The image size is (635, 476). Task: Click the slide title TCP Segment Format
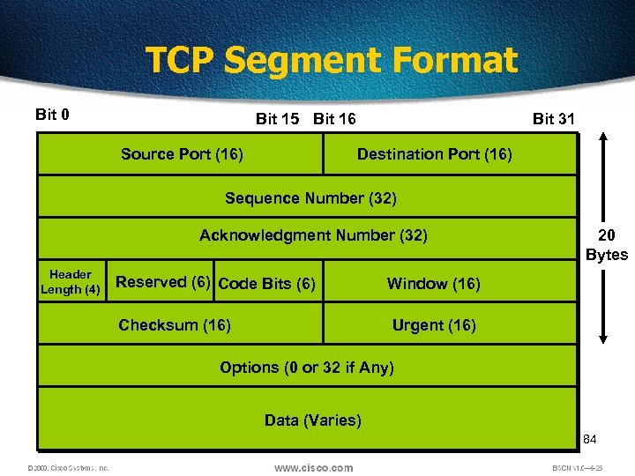(x=331, y=61)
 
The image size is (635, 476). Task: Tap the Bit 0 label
(x=53, y=115)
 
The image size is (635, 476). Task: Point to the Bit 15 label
(x=277, y=119)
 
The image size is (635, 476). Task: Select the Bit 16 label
(x=335, y=119)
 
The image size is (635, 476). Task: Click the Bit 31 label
(x=554, y=119)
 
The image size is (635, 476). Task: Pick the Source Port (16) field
(x=182, y=154)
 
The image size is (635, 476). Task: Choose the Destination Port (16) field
(x=434, y=154)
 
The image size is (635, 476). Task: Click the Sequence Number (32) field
(x=310, y=198)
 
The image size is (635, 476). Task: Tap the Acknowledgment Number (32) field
(x=313, y=235)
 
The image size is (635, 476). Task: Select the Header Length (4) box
(x=71, y=282)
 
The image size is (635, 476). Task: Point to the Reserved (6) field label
(x=163, y=282)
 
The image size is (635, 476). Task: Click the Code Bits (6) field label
(x=266, y=284)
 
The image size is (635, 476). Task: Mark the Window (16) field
(x=433, y=284)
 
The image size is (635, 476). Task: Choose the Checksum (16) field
(x=175, y=325)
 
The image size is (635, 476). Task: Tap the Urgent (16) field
(x=434, y=325)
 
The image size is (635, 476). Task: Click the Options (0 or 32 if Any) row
(x=307, y=368)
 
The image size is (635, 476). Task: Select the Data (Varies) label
(x=313, y=420)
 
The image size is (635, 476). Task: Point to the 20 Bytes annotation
(x=607, y=245)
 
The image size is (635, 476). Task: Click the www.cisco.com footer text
(x=313, y=468)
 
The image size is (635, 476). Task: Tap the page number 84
(x=590, y=439)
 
